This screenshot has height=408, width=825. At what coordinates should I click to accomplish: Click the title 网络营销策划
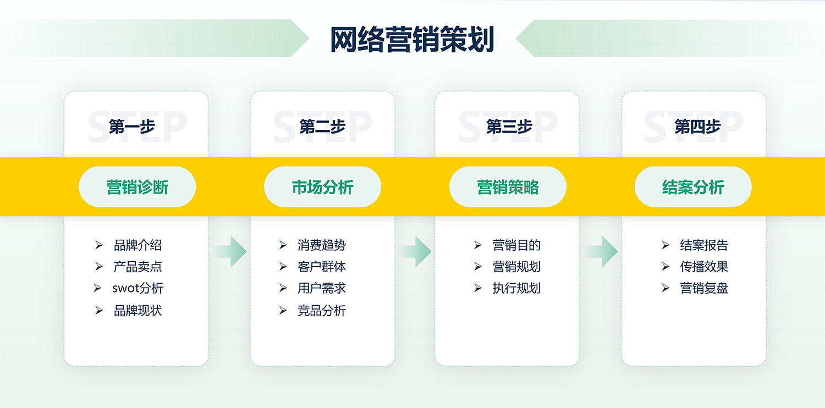[x=412, y=40]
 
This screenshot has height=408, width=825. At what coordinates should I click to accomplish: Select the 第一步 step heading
[x=132, y=126]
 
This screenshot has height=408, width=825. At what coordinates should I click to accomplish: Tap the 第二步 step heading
[x=322, y=126]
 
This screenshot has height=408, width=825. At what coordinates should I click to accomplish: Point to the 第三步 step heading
[x=509, y=126]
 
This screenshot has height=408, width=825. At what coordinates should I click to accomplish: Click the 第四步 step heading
[x=697, y=126]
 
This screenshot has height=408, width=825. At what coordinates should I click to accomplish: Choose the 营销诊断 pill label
[x=137, y=187]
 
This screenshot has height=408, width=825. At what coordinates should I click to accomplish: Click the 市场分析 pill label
[x=323, y=187]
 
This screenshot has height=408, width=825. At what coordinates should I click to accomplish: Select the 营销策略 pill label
[x=508, y=187]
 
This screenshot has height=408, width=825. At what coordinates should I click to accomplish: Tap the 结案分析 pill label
[x=693, y=187]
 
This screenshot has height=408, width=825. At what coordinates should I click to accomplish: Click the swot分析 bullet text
[x=137, y=288]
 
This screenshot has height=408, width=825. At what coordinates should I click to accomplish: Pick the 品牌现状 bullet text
[x=137, y=311]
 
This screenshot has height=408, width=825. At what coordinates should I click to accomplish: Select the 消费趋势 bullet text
[x=322, y=245]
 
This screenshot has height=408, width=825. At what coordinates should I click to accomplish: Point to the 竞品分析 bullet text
[x=322, y=311]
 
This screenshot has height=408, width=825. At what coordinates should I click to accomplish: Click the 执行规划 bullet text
[x=516, y=288]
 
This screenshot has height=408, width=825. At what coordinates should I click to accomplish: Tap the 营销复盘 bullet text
[x=704, y=288]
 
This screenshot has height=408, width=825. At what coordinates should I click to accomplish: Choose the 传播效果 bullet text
[x=704, y=267]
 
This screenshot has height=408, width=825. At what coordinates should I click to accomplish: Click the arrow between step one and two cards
[x=230, y=251]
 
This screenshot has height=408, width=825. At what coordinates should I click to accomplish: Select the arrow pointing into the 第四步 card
[x=602, y=251]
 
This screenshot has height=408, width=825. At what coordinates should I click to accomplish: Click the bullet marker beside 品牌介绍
[x=98, y=245]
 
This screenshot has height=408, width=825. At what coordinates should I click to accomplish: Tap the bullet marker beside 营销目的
[x=478, y=245]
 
